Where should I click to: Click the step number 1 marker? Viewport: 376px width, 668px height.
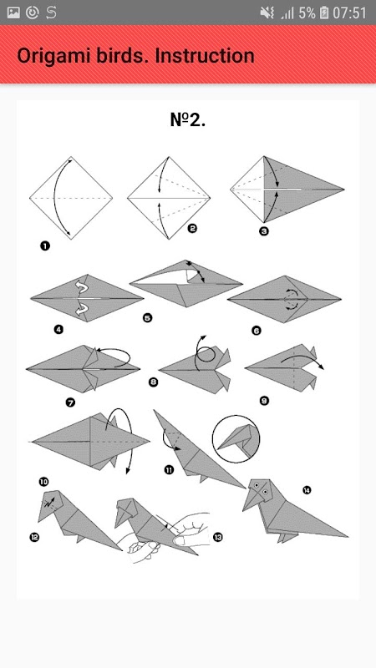pyautogui.click(x=45, y=245)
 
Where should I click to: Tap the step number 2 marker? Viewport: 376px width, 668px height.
pyautogui.click(x=192, y=229)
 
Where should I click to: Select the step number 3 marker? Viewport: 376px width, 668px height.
pyautogui.click(x=264, y=232)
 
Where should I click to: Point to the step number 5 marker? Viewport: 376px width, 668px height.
pyautogui.click(x=148, y=318)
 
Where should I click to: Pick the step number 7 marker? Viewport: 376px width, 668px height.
pyautogui.click(x=70, y=402)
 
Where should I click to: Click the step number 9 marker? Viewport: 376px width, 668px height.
pyautogui.click(x=264, y=401)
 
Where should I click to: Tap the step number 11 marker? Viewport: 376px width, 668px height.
pyautogui.click(x=169, y=470)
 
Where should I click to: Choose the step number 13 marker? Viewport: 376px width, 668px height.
pyautogui.click(x=218, y=537)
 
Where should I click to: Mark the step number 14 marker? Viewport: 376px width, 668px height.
pyautogui.click(x=307, y=490)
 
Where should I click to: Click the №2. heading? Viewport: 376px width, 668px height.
pyautogui.click(x=188, y=120)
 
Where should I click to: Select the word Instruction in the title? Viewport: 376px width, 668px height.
pyautogui.click(x=205, y=56)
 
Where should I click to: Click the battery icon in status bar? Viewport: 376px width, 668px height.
pyautogui.click(x=324, y=13)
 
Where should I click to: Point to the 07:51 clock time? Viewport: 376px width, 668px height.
pyautogui.click(x=349, y=13)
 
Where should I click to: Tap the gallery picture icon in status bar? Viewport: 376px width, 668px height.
pyautogui.click(x=13, y=13)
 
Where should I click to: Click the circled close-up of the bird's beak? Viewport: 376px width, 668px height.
pyautogui.click(x=236, y=439)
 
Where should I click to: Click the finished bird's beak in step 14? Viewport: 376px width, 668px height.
pyautogui.click(x=251, y=502)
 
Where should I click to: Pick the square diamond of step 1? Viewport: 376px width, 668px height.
pyautogui.click(x=71, y=198)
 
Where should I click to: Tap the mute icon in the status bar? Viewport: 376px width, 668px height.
pyautogui.click(x=267, y=13)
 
